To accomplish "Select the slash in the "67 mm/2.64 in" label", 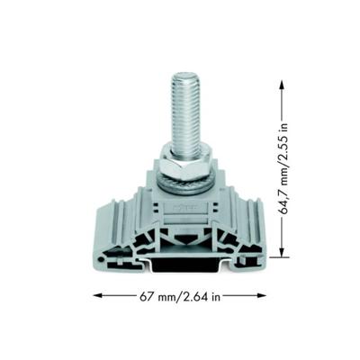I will point(177,294).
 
